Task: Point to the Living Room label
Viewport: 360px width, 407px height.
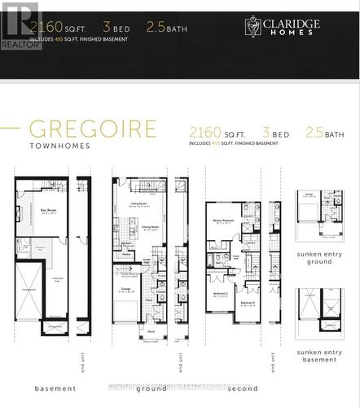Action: coord(138,204)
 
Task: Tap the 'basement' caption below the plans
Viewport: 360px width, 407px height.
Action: coord(55,388)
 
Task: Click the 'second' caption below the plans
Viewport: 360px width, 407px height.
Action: coord(243,388)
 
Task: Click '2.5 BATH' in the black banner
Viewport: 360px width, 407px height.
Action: coord(166,27)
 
